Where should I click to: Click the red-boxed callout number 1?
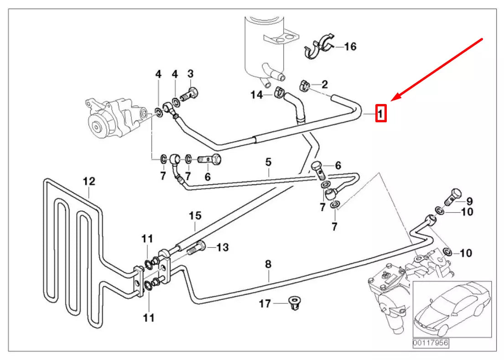pos(381,113)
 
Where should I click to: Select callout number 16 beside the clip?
pos(350,46)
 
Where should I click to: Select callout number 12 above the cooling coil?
pos(89,181)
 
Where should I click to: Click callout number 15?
pos(195,215)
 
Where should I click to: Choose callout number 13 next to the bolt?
pos(222,247)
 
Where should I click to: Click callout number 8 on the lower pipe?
pos(268,264)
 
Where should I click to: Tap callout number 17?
pos(265,303)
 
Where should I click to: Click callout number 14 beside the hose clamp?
pos(257,94)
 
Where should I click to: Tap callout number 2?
pos(324,84)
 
